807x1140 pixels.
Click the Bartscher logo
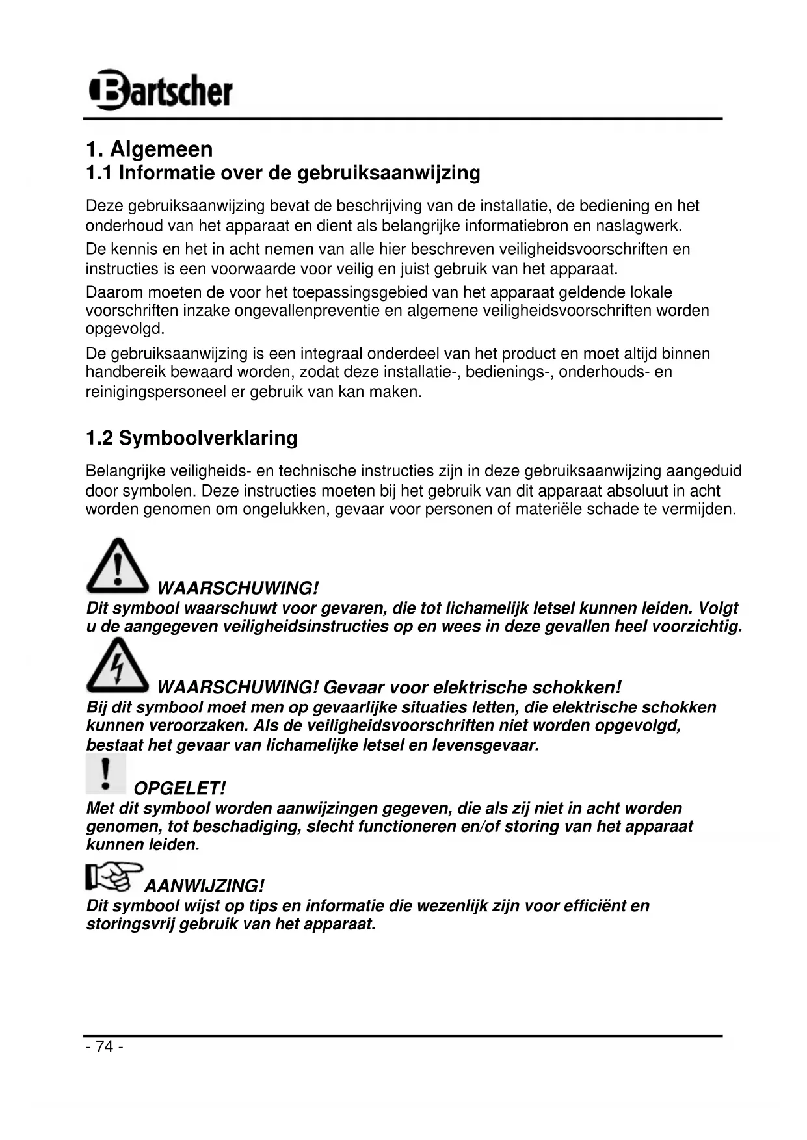pyautogui.click(x=160, y=90)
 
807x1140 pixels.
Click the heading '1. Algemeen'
pyautogui.click(x=150, y=149)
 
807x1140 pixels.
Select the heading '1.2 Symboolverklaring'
pyautogui.click(x=192, y=437)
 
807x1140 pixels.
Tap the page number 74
pyautogui.click(x=104, y=1046)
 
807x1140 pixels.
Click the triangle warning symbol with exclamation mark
pyautogui.click(x=117, y=565)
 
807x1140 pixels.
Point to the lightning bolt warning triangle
pyautogui.click(x=117, y=664)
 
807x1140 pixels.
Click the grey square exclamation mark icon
pyautogui.click(x=105, y=773)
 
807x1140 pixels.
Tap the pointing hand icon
pyautogui.click(x=113, y=877)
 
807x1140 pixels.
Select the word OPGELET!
pyautogui.click(x=179, y=788)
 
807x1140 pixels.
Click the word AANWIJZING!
pyautogui.click(x=204, y=886)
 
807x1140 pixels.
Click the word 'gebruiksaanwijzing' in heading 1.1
pyautogui.click(x=389, y=173)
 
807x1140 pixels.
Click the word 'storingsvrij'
pyautogui.click(x=130, y=924)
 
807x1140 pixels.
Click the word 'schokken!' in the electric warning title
pyautogui.click(x=577, y=688)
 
